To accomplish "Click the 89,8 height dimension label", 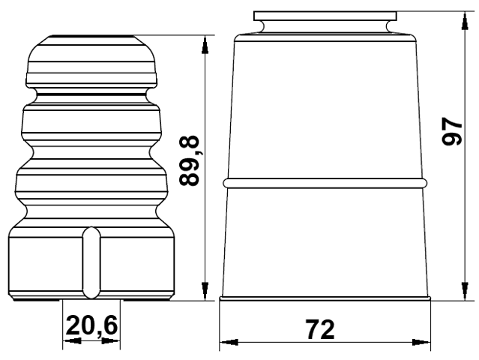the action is tap(190, 161).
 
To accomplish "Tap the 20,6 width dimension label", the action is tap(91, 325).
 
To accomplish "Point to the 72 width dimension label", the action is tap(320, 329).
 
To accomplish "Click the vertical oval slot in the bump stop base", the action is tap(91, 262).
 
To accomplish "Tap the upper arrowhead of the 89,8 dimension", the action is tap(205, 45).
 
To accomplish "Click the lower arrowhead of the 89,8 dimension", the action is tap(205, 291).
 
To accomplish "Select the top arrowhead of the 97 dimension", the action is tap(465, 21).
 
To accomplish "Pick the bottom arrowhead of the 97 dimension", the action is tap(465, 291).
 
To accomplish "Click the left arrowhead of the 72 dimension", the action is tap(229, 342).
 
